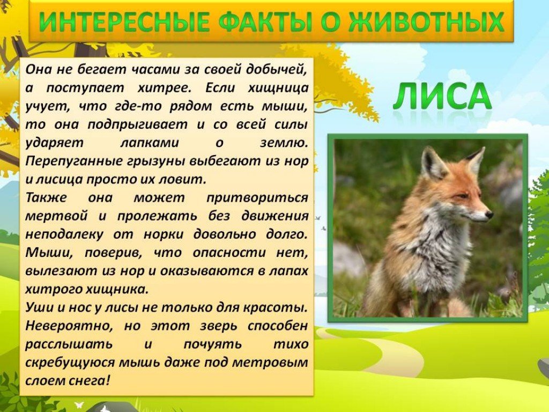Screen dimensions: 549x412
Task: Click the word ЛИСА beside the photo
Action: (x=442, y=96)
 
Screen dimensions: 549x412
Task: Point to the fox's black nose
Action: (x=489, y=215)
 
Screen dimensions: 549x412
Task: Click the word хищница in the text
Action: (x=278, y=88)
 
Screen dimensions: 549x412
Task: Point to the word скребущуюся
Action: (x=70, y=362)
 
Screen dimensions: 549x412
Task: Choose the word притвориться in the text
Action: (x=257, y=198)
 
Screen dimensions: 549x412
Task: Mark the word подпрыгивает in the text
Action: (x=137, y=124)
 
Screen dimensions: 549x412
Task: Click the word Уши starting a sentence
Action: (x=39, y=307)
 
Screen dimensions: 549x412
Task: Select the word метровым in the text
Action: (x=270, y=362)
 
